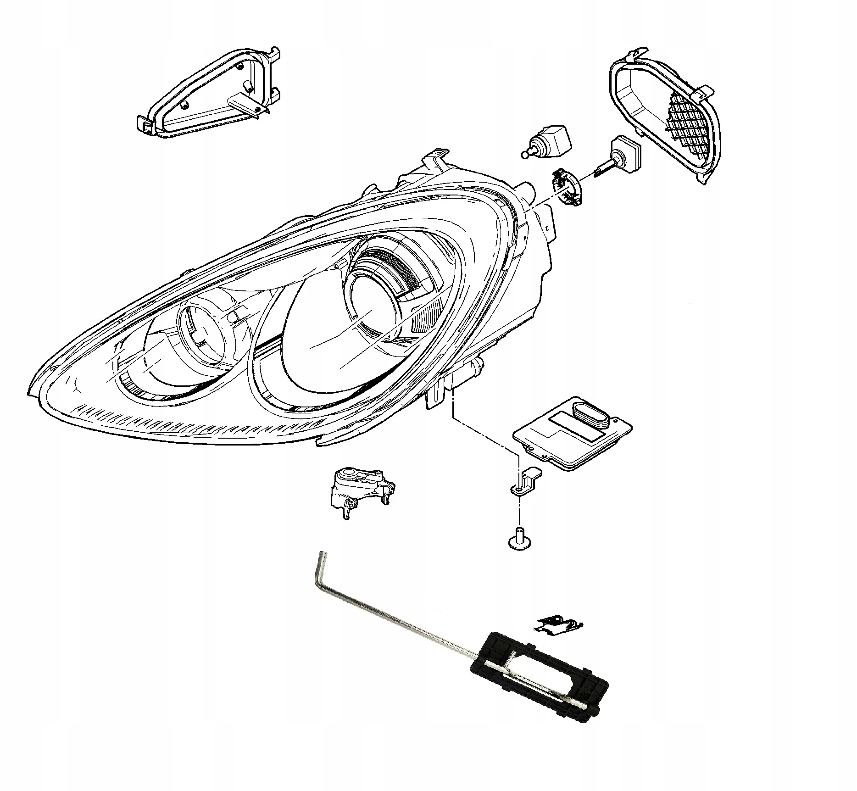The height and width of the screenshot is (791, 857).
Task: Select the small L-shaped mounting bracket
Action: coord(528,479)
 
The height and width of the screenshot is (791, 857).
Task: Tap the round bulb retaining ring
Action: coord(567,186)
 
